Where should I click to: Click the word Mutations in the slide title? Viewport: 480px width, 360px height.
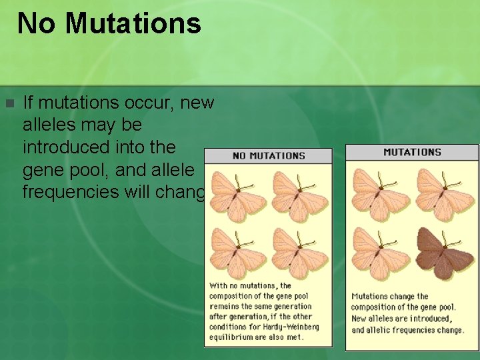pyautogui.click(x=133, y=23)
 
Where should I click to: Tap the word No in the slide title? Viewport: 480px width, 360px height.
pyautogui.click(x=37, y=23)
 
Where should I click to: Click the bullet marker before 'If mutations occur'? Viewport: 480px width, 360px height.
pyautogui.click(x=9, y=104)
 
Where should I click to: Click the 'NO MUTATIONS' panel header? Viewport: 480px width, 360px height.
pyautogui.click(x=268, y=156)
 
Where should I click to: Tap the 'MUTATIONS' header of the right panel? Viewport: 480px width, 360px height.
pyautogui.click(x=412, y=152)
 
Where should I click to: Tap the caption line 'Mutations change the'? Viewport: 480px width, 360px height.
pyautogui.click(x=390, y=296)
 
